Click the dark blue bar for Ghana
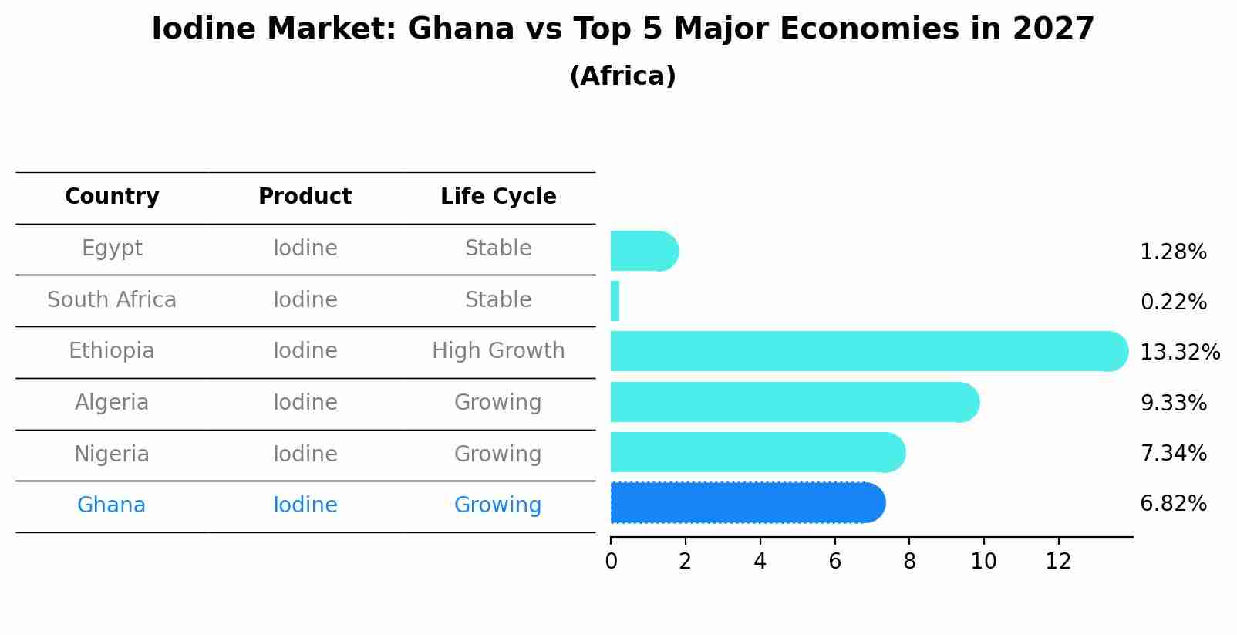click(747, 503)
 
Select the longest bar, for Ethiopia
click(868, 352)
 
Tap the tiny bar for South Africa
click(615, 301)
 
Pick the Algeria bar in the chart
click(794, 402)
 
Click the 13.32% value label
click(1179, 353)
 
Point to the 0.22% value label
click(1173, 302)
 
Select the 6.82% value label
click(1173, 504)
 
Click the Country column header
click(112, 197)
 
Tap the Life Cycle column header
click(498, 197)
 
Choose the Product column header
click(305, 197)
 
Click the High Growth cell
click(498, 351)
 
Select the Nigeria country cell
click(112, 454)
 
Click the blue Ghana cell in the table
click(111, 505)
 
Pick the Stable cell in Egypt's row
click(498, 248)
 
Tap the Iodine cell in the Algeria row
click(305, 403)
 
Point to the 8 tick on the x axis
click(909, 561)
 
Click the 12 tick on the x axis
click(1058, 561)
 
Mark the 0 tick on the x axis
click(611, 561)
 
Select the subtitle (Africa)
click(622, 76)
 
